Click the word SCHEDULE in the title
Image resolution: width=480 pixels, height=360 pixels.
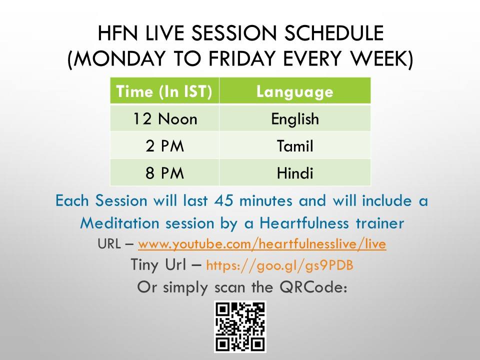334,33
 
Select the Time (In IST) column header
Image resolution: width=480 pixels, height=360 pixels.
164,91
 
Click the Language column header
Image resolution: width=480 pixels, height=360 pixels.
295,91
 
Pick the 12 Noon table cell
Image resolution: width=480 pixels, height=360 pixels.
164,118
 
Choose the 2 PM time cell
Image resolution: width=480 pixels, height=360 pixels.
164,145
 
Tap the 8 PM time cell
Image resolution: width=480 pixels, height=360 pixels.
164,172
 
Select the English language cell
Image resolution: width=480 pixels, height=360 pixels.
295,118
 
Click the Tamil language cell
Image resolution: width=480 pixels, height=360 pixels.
295,145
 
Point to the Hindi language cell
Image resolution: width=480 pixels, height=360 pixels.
295,172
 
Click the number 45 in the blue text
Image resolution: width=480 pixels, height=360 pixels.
223,201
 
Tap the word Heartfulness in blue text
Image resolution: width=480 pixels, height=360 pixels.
304,223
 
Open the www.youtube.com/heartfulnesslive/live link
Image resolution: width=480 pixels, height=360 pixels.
262,244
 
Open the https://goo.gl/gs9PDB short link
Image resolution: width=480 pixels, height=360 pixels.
280,265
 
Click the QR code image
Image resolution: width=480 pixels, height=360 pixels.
240,326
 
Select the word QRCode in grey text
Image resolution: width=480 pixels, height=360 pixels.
313,287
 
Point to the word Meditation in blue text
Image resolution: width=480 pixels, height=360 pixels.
119,223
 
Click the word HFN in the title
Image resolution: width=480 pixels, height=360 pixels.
117,33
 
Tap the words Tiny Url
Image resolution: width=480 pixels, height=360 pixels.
158,264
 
